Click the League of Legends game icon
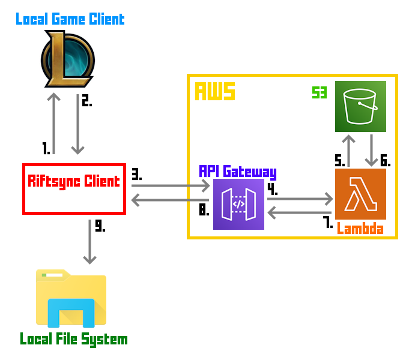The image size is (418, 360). tap(67, 59)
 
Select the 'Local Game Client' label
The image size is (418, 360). tap(70, 19)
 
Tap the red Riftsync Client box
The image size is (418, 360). tap(74, 188)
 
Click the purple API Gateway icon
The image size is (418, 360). tap(238, 205)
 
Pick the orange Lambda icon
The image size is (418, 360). tap(360, 194)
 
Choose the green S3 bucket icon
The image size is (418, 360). tap(360, 106)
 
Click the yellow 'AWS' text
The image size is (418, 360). tap(214, 92)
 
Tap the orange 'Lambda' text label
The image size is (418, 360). tap(360, 229)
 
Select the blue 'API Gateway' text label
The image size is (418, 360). tap(238, 172)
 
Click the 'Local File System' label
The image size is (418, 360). tap(74, 340)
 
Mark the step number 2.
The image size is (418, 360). tap(86, 101)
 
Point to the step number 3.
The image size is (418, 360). tap(136, 175)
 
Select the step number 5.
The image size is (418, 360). tap(340, 160)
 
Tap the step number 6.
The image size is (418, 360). tap(385, 161)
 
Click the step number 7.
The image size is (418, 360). tap(328, 223)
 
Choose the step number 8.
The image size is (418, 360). tap(204, 211)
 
